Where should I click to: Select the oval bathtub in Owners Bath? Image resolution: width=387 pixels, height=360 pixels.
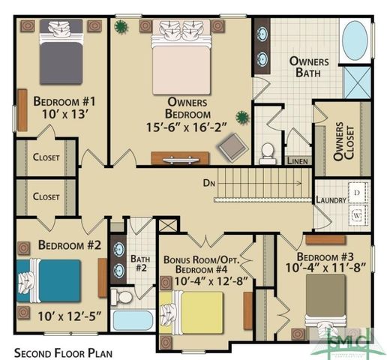coord(355,40)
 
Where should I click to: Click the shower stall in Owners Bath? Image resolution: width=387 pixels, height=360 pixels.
coord(356,82)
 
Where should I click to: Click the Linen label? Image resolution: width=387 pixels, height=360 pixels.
coord(297,160)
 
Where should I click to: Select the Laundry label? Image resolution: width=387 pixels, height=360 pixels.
coord(331,200)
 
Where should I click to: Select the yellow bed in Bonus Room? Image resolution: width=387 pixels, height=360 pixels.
coord(194,312)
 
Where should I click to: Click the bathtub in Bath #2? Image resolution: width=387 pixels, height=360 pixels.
coord(133,320)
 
